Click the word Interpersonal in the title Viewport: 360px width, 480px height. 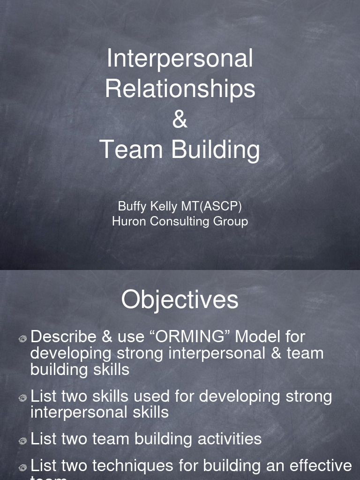(x=180, y=59)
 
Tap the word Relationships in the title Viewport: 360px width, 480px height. (x=180, y=89)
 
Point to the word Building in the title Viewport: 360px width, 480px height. (x=215, y=150)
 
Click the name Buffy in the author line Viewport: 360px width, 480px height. (x=132, y=207)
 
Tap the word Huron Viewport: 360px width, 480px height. (x=129, y=221)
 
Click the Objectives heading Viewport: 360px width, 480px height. (x=180, y=300)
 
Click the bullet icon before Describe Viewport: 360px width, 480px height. (x=23, y=338)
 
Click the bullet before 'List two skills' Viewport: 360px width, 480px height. (x=23, y=398)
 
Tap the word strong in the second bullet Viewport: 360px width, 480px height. (x=307, y=397)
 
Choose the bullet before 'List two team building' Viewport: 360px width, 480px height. (x=23, y=441)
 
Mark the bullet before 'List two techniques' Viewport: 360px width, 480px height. (x=23, y=467)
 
